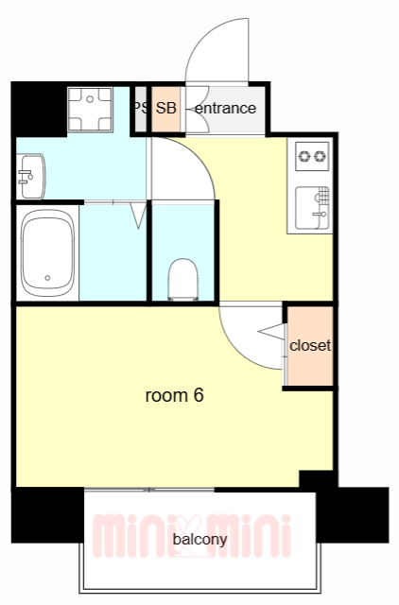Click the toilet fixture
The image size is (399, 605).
[x=182, y=280]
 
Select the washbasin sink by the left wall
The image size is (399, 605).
[x=31, y=177]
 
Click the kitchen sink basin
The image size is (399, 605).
[x=313, y=208]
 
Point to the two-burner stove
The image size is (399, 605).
[x=313, y=156]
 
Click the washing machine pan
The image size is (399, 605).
[x=90, y=110]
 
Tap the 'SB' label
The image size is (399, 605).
[x=165, y=109]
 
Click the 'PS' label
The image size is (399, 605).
[x=141, y=108]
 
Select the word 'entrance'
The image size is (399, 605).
[x=225, y=109]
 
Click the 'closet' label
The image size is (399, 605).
[x=310, y=345]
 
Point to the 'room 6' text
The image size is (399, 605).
[x=174, y=395]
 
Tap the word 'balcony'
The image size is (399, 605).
[x=199, y=540]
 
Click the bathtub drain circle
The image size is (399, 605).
[x=47, y=278]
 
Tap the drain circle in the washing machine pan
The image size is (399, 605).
[x=90, y=99]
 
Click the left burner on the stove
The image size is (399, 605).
[x=305, y=156]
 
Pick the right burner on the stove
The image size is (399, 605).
[x=320, y=156]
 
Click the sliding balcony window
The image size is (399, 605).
[x=149, y=490]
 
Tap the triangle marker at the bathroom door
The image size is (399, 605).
[x=138, y=215]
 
